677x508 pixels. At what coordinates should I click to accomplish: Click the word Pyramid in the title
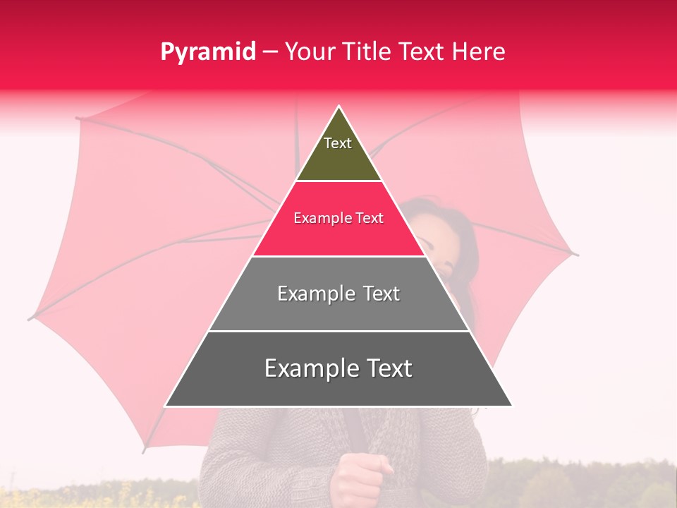pos(207,52)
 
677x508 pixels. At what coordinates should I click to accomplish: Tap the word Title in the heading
pos(369,52)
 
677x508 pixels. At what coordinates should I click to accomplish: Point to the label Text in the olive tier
pos(338,143)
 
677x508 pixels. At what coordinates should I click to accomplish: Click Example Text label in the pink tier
pos(338,218)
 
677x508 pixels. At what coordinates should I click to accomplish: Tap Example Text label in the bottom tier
pos(338,368)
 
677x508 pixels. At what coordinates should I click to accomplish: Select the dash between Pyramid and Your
pos(269,52)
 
